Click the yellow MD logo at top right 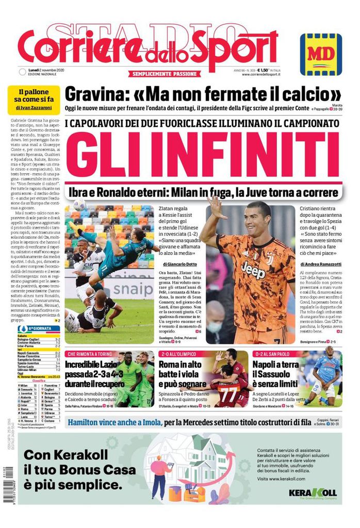pos(320,54)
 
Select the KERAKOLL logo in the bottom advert pos(312,492)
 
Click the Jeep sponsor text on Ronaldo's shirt pos(253,269)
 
